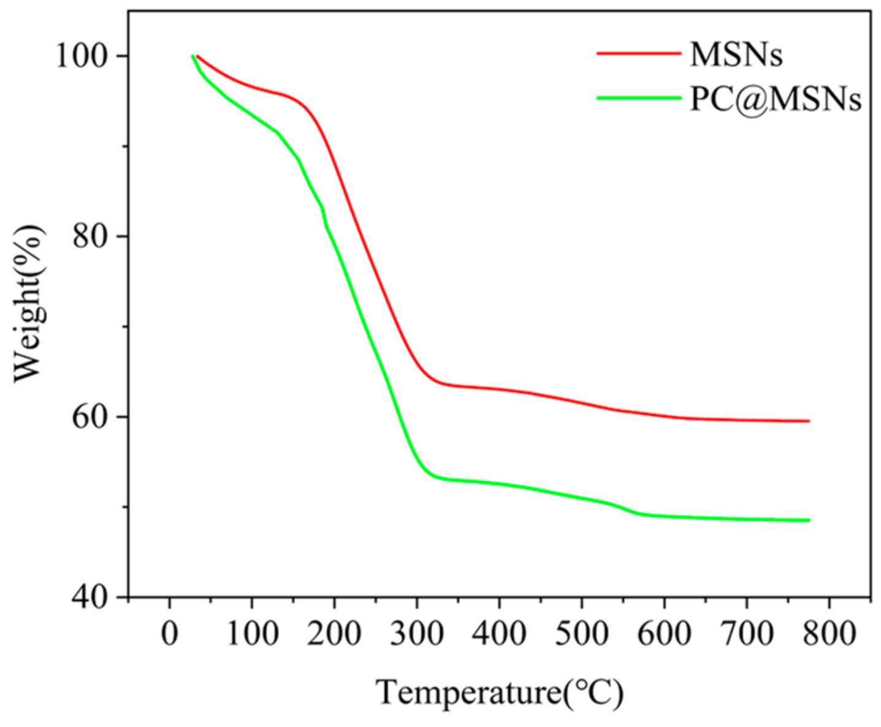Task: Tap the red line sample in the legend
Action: pyautogui.click(x=639, y=53)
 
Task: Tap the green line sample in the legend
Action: pyautogui.click(x=639, y=98)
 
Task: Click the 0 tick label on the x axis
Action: pyautogui.click(x=169, y=633)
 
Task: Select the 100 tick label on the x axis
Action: pyautogui.click(x=252, y=633)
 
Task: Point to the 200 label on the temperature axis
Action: pyautogui.click(x=334, y=633)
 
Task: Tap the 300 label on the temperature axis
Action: pyautogui.click(x=417, y=633)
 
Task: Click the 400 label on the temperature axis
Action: pyautogui.click(x=499, y=633)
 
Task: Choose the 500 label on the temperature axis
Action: pyautogui.click(x=582, y=633)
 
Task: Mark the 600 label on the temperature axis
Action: pyautogui.click(x=664, y=633)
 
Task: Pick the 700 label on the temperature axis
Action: pyautogui.click(x=747, y=633)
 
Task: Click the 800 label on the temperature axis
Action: pyautogui.click(x=829, y=633)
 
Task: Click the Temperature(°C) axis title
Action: pyautogui.click(x=500, y=692)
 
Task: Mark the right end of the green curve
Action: pyautogui.click(x=809, y=520)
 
